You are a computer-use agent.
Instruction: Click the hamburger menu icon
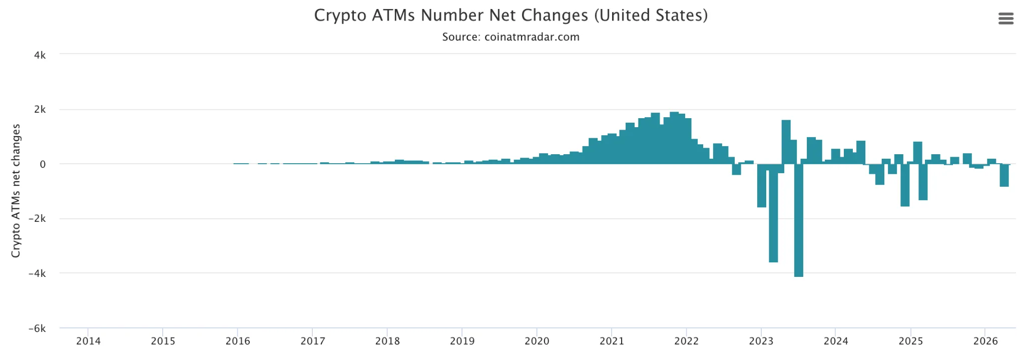[x=1005, y=19]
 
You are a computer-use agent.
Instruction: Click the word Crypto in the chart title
[x=340, y=16]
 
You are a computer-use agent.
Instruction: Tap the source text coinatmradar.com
[x=532, y=37]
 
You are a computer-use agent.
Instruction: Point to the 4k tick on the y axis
[x=40, y=55]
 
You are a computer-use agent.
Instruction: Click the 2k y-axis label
[x=40, y=110]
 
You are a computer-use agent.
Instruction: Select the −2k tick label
[x=37, y=219]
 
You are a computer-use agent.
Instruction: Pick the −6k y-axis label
[x=37, y=328]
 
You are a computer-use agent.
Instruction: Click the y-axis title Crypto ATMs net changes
[x=16, y=191]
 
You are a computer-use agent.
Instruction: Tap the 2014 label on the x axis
[x=88, y=341]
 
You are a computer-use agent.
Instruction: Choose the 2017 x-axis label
[x=312, y=341]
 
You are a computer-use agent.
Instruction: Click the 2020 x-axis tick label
[x=537, y=341]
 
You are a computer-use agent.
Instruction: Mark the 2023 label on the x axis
[x=761, y=341]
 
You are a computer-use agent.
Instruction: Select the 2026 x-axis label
[x=985, y=341]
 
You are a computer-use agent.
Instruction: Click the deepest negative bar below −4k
[x=798, y=220]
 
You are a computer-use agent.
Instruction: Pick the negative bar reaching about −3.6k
[x=773, y=213]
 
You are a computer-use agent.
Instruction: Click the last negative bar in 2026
[x=1004, y=175]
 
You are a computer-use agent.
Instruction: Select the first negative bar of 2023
[x=761, y=185]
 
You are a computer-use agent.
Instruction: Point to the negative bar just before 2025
[x=904, y=185]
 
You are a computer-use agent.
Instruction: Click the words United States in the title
[x=651, y=16]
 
